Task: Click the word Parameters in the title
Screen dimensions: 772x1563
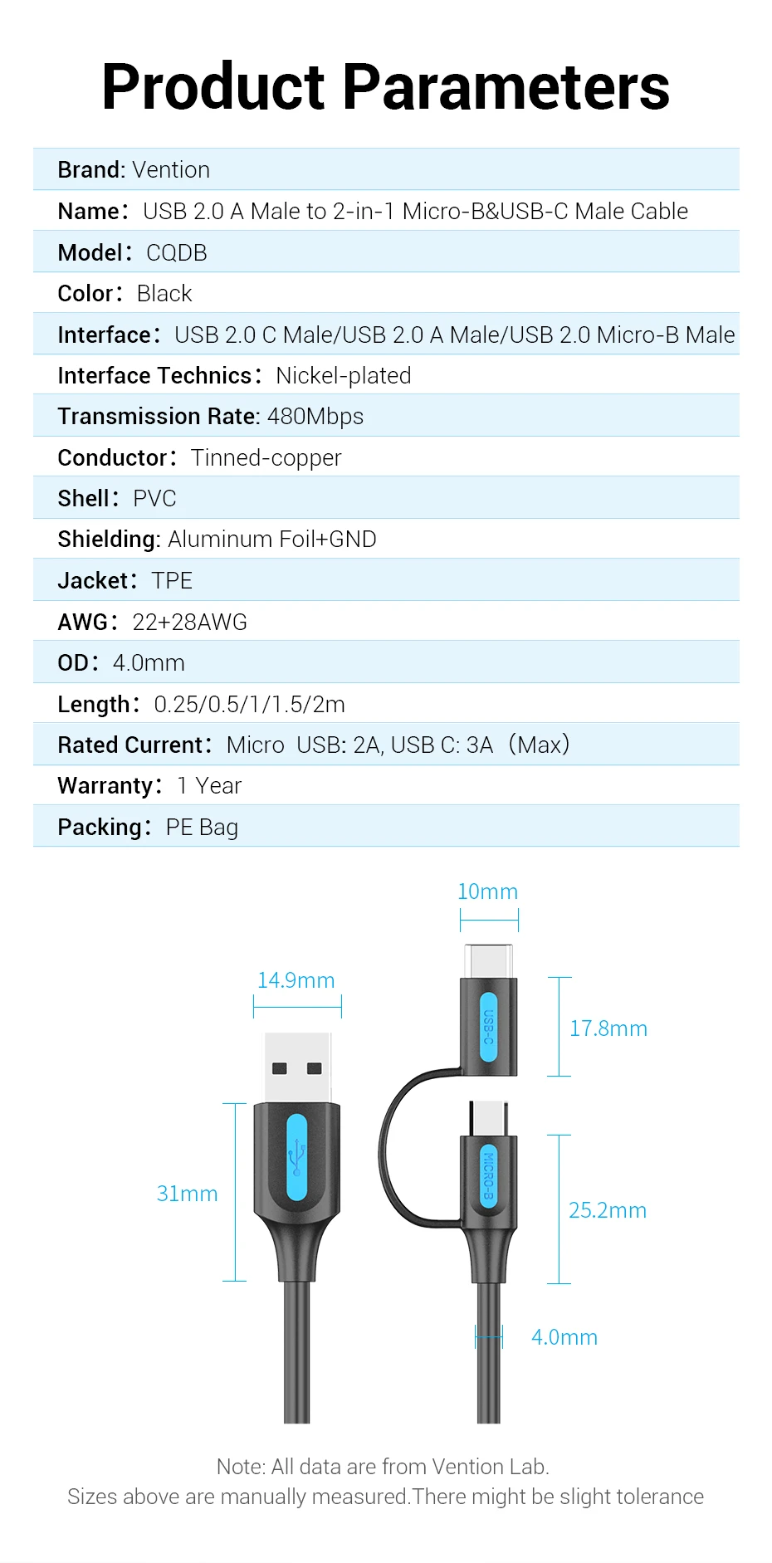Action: (506, 87)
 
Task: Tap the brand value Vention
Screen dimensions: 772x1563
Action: (171, 170)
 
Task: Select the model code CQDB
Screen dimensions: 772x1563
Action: (176, 253)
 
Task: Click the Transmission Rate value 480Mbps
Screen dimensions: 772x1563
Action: (315, 417)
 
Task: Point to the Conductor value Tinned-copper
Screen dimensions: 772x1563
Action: (266, 458)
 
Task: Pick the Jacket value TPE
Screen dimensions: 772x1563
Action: (172, 581)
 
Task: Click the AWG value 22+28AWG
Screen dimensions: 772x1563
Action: (189, 623)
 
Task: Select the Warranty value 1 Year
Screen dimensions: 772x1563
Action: (209, 786)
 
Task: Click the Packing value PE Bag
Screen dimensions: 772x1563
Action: (202, 828)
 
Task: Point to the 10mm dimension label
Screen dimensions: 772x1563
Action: (488, 892)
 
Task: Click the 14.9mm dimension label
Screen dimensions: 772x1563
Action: (296, 981)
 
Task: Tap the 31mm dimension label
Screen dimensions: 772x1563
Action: (188, 1194)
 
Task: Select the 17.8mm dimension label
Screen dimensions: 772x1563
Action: (608, 1029)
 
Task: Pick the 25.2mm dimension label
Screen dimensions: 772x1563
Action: (608, 1211)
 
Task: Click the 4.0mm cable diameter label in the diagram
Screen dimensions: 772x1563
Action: (564, 1338)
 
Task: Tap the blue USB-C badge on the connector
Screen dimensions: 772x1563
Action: (489, 1027)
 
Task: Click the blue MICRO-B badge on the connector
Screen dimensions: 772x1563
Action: (489, 1175)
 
